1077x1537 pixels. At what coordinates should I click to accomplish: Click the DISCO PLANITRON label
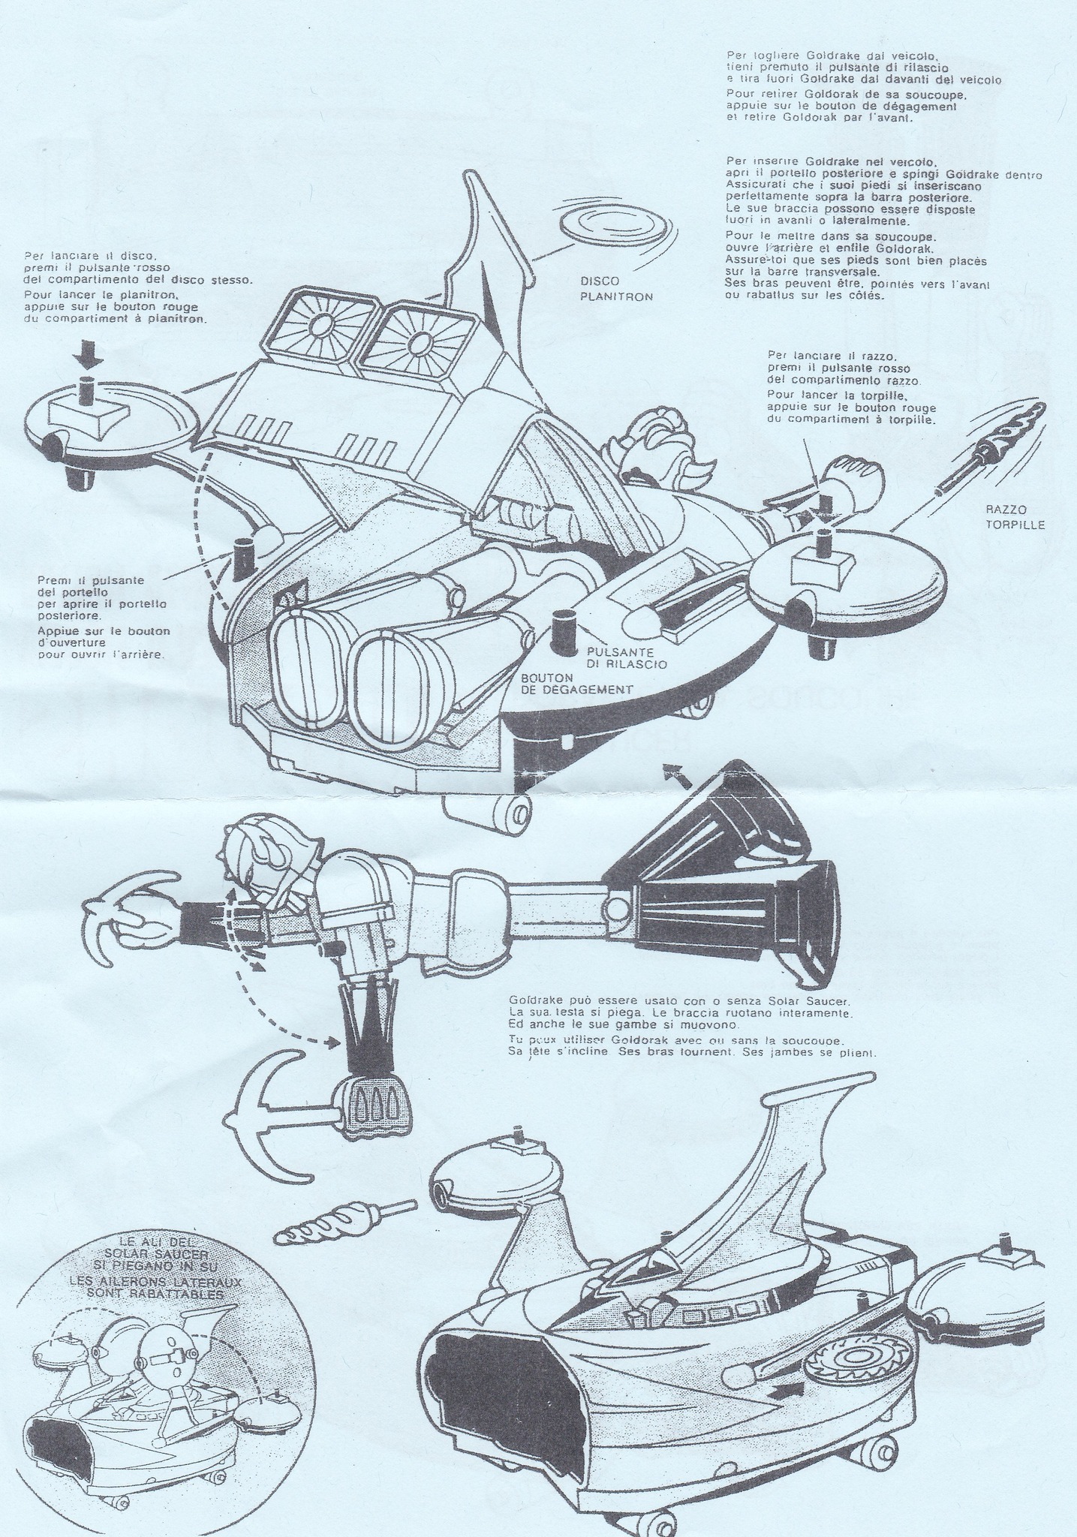616,288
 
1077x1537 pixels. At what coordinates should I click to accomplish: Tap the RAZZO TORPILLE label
1014,517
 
